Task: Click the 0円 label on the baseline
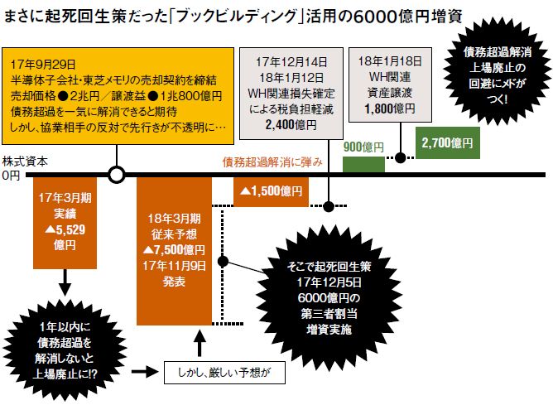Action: pyautogui.click(x=12, y=176)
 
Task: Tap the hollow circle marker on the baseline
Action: pyautogui.click(x=118, y=175)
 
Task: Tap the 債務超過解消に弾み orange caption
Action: pyautogui.click(x=272, y=162)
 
